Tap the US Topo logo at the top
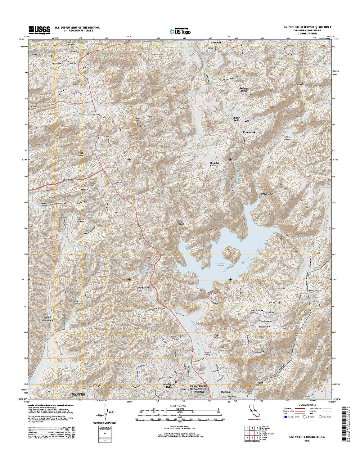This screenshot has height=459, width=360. pyautogui.click(x=180, y=31)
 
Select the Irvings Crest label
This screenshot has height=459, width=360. pyautogui.click(x=244, y=89)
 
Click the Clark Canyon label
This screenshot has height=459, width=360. pyautogui.click(x=76, y=303)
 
